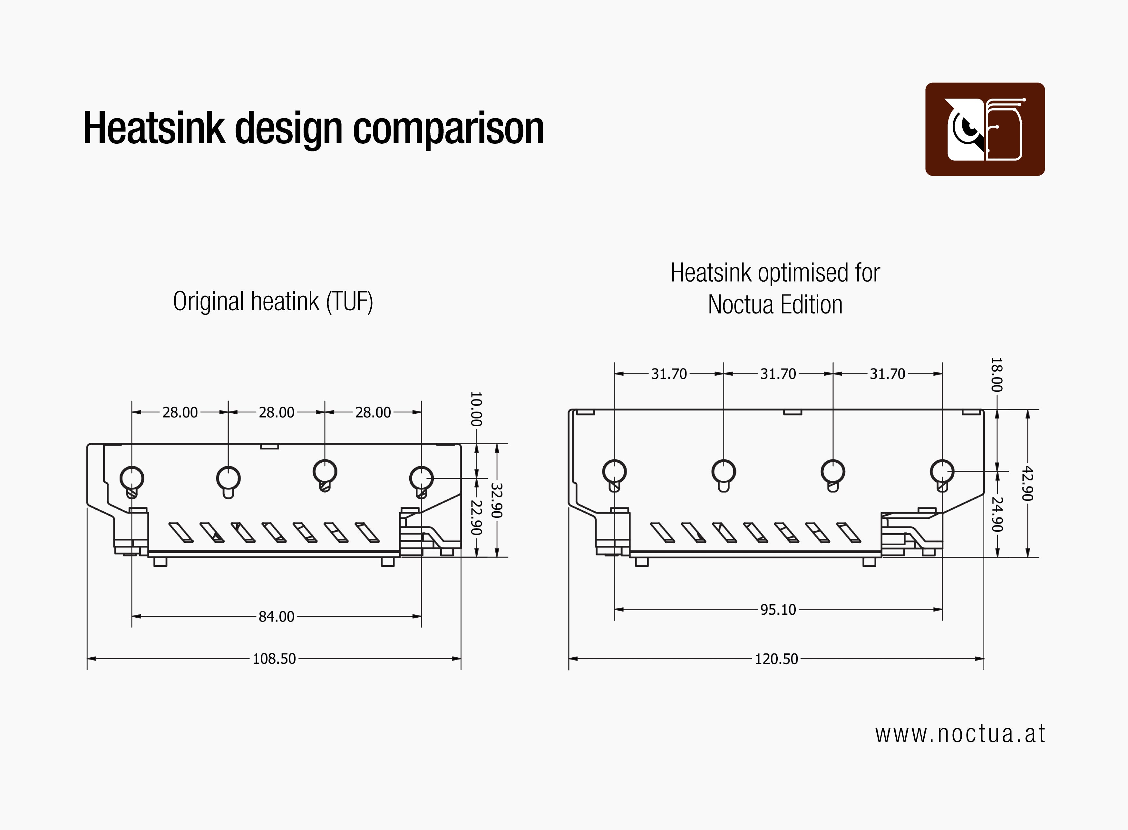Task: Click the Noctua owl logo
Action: point(985,129)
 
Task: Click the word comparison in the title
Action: point(448,129)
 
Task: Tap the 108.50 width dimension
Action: point(274,659)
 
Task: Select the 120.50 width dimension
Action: point(776,659)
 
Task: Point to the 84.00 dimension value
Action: point(276,616)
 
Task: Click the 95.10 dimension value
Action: point(778,609)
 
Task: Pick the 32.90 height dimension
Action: point(496,500)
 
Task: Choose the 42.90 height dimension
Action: point(1027,483)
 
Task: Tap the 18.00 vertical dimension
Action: point(997,375)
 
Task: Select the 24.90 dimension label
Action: point(997,514)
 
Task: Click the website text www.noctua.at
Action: point(960,734)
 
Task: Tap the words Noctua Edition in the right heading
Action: point(775,304)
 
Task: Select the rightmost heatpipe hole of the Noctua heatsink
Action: point(942,471)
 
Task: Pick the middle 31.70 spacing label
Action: point(778,374)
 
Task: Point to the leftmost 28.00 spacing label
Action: point(180,412)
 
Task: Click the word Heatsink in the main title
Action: point(154,129)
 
